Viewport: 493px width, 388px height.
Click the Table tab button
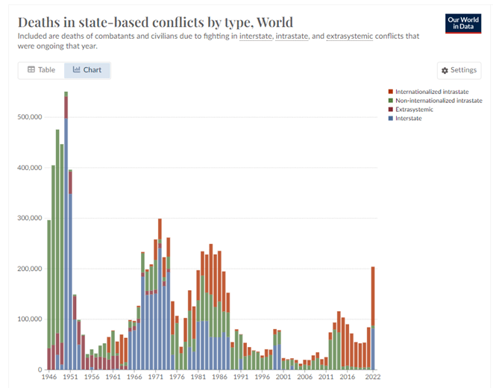[41, 70]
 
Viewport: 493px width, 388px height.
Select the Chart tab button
[87, 70]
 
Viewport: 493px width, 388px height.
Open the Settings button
[459, 70]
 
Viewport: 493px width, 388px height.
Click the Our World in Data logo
[462, 23]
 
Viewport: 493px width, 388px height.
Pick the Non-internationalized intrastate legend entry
[433, 100]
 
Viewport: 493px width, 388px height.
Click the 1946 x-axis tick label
[49, 378]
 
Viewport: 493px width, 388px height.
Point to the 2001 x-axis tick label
[283, 378]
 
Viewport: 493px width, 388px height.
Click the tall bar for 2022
[373, 321]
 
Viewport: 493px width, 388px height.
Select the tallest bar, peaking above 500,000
[66, 239]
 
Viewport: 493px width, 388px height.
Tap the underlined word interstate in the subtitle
[257, 36]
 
